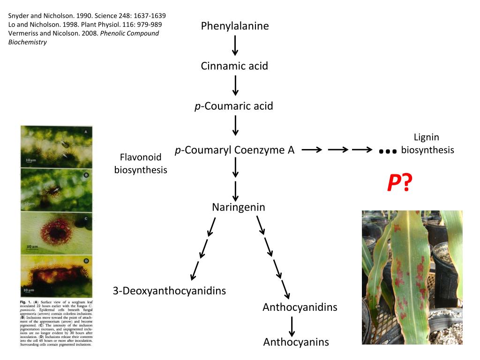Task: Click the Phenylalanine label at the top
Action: pyautogui.click(x=235, y=26)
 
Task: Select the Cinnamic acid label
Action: pyautogui.click(x=234, y=66)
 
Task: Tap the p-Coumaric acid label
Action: pyautogui.click(x=234, y=106)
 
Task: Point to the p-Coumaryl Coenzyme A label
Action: pyautogui.click(x=234, y=150)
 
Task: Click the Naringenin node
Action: pyautogui.click(x=238, y=207)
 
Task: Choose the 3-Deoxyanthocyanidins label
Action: pyautogui.click(x=169, y=291)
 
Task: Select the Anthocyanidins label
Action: pyautogui.click(x=300, y=307)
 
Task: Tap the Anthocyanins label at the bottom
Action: pyautogui.click(x=296, y=342)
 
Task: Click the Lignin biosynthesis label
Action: pyautogui.click(x=427, y=143)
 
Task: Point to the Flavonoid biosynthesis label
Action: pyautogui.click(x=141, y=163)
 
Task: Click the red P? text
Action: pyautogui.click(x=399, y=183)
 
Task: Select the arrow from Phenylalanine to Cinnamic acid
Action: pyautogui.click(x=235, y=46)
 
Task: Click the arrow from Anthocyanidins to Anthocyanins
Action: pyautogui.click(x=292, y=325)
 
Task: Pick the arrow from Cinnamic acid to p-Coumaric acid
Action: pyautogui.click(x=235, y=86)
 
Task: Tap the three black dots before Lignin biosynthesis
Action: pyautogui.click(x=388, y=151)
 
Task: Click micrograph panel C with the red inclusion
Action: pyautogui.click(x=56, y=232)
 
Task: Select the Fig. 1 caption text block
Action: pyautogui.click(x=57, y=323)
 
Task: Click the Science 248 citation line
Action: pyautogui.click(x=87, y=15)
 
